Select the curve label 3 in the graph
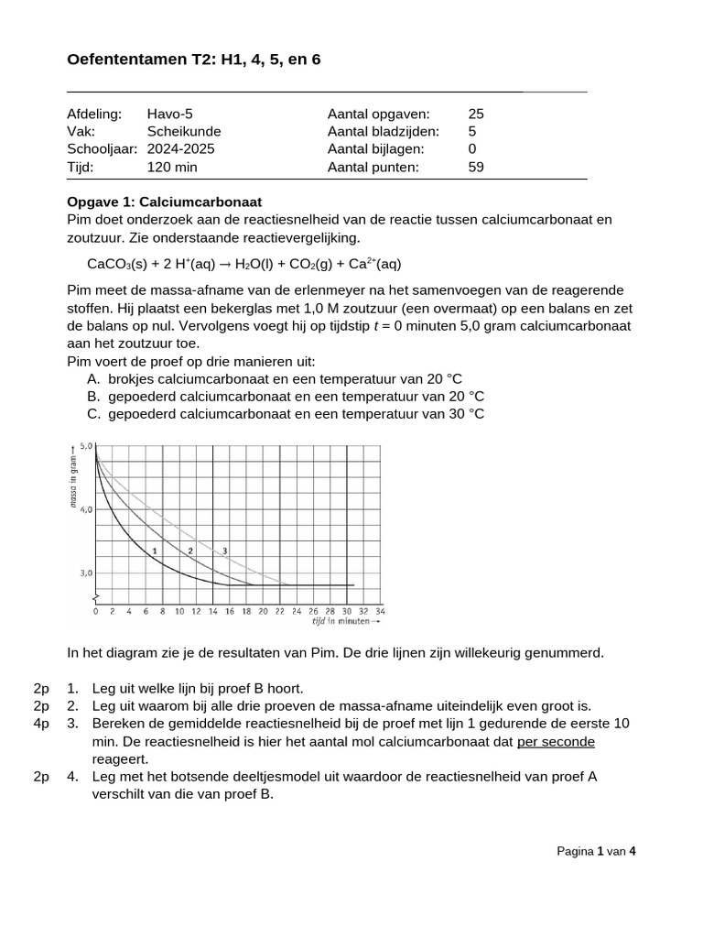pos(223,551)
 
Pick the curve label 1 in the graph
pos(155,551)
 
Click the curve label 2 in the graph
pos(189,551)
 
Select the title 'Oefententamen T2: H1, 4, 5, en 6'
pos(194,60)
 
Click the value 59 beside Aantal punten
pos(476,167)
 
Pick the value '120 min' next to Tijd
pos(172,167)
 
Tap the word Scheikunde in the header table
pos(184,131)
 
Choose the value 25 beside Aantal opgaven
pos(476,114)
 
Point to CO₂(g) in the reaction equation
pos(312,264)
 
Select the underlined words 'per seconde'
pos(556,741)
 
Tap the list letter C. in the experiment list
pos(93,414)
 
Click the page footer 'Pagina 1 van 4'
pos(596,851)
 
